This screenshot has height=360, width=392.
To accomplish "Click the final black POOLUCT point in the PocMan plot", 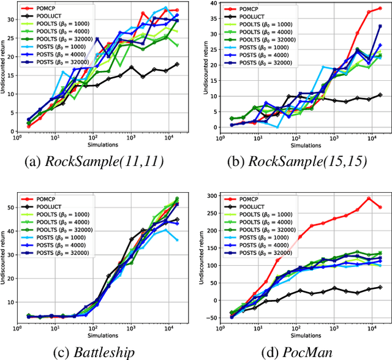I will (380, 287).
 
